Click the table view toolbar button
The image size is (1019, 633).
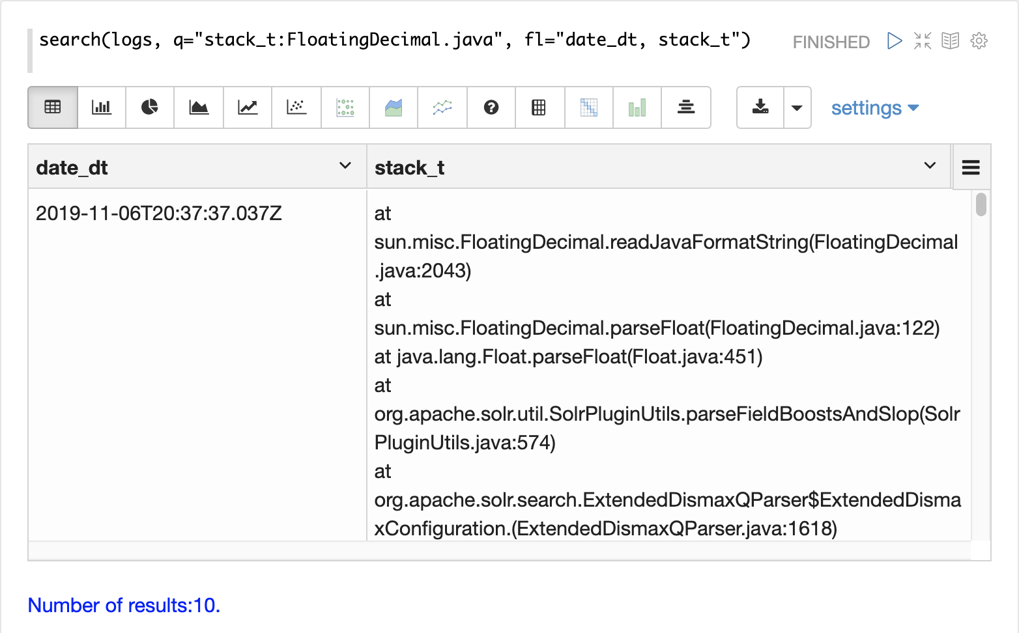point(53,107)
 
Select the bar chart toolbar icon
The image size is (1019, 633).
point(102,107)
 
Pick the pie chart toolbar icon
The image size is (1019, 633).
point(150,107)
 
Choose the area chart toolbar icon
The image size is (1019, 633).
point(199,107)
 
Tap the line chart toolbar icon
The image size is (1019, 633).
point(248,107)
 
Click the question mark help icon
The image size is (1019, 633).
point(491,107)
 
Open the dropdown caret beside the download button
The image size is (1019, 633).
point(797,107)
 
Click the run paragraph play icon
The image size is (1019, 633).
point(895,41)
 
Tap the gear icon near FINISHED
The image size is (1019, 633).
point(979,41)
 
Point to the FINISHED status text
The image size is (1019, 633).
point(831,42)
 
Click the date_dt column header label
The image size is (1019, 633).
point(72,168)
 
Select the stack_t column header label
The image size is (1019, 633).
point(409,168)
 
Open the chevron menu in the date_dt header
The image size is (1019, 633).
point(345,166)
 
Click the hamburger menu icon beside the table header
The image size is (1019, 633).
point(971,167)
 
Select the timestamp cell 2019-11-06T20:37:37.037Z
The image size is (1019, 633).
point(158,214)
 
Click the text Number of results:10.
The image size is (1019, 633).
point(124,606)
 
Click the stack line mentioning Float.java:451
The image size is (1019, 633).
point(568,357)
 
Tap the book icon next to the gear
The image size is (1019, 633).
point(951,41)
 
